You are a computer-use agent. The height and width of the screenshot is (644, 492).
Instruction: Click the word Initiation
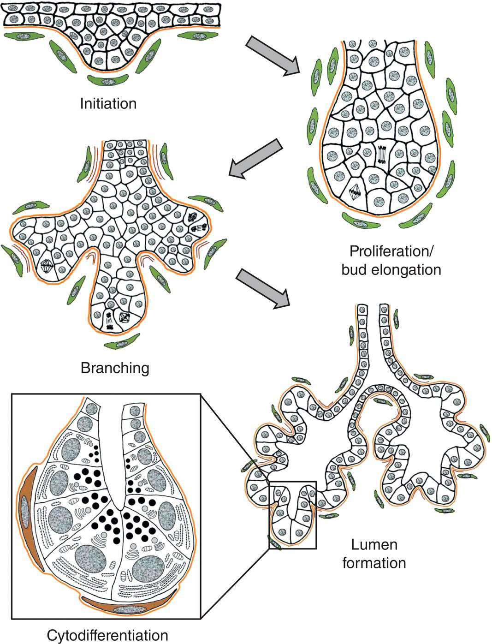pos(108,103)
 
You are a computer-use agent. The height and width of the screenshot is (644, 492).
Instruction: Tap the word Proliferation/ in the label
pos(391,251)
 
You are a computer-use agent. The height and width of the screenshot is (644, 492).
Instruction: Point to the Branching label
pos(115,368)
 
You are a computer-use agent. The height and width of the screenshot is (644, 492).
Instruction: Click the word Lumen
pos(374,545)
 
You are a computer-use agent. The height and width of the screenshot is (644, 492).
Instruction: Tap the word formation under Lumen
pos(374,563)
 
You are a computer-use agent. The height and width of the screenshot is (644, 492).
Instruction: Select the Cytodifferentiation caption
pos(108,635)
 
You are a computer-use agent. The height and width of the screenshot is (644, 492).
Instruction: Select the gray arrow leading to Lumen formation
pos(263,289)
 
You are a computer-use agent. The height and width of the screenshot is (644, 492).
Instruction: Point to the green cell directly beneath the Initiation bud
pos(108,81)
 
